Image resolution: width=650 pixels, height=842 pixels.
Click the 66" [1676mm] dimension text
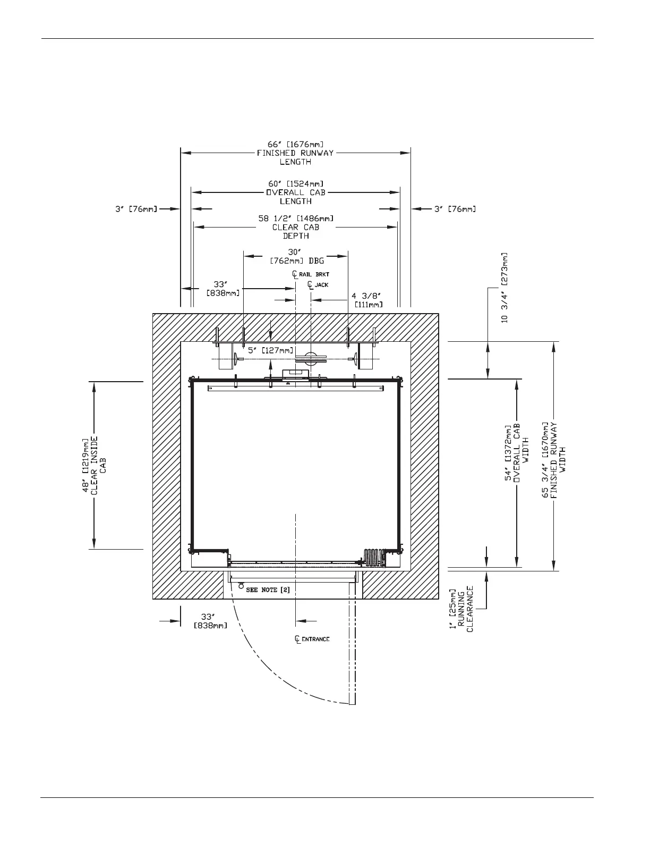[295, 144]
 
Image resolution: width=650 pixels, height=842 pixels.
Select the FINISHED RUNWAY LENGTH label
[295, 157]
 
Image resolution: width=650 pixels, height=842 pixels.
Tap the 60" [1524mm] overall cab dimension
[295, 183]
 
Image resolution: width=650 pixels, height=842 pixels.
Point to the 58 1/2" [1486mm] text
[296, 218]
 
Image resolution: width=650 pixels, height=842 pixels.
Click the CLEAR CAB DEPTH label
[296, 232]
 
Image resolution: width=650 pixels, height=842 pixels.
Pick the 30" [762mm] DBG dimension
[296, 256]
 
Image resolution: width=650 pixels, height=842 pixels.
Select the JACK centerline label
[319, 285]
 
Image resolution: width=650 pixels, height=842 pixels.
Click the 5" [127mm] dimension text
[270, 350]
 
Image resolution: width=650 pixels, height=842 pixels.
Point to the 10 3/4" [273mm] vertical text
[504, 287]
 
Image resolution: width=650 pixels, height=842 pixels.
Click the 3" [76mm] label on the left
[136, 209]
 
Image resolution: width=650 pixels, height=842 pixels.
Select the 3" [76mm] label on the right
[455, 209]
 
